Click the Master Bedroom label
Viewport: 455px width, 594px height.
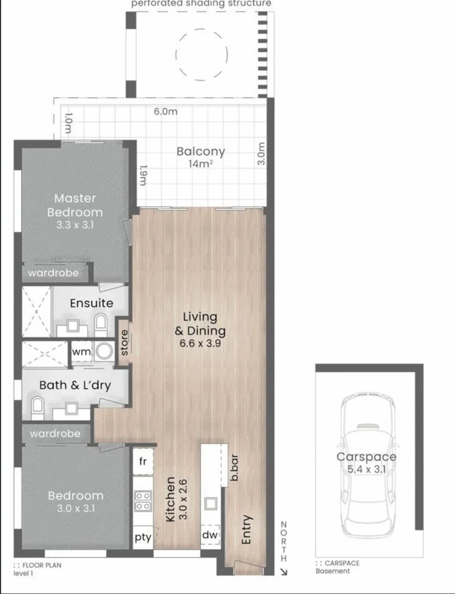pos(75,205)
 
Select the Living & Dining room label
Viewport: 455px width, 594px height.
pos(200,324)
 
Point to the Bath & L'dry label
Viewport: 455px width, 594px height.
pos(75,385)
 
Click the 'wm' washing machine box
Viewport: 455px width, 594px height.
pos(81,352)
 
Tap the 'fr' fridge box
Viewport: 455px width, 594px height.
pos(142,461)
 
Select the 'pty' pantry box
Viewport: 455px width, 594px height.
pos(142,537)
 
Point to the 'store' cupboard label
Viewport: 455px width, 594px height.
pos(124,343)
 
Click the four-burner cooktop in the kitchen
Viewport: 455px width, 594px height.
pos(143,500)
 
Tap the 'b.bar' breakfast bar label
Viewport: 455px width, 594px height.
pos(235,471)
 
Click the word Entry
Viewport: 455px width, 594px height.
pos(246,529)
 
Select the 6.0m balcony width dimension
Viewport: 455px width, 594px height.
pos(165,111)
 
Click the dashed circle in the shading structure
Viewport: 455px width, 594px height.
pos(201,54)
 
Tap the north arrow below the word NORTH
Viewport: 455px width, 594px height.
pos(284,571)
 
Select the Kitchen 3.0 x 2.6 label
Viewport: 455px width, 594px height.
pos(178,499)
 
